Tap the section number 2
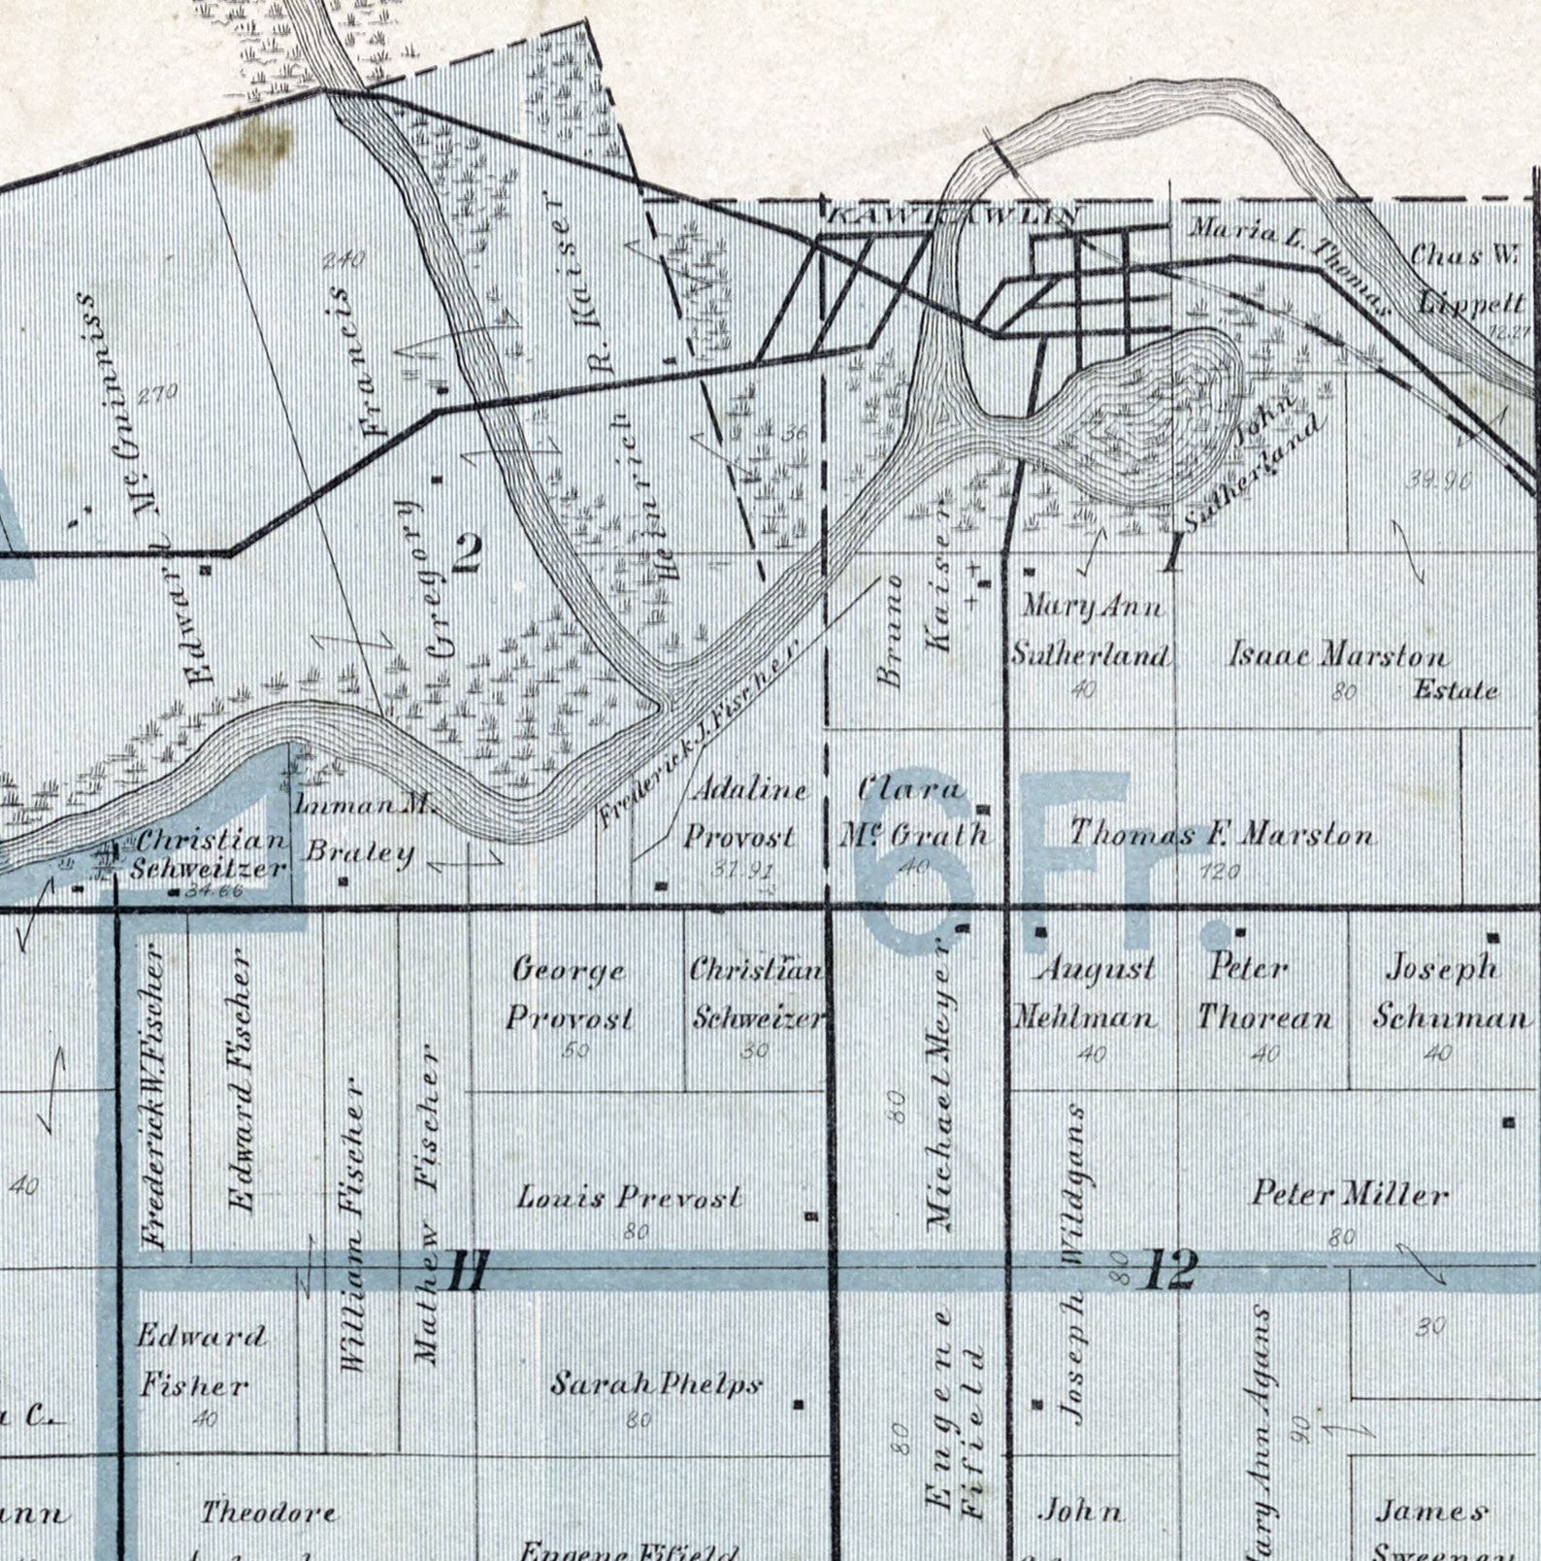467,552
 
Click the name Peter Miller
1350,1193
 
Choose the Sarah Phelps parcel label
656,1383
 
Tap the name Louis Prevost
630,1197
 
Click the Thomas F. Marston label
1222,833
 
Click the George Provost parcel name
570,993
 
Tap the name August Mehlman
1086,992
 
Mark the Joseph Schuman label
1449,992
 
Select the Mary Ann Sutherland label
1090,630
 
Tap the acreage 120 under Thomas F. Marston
1220,872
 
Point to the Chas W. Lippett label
1467,279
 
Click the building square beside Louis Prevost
811,1215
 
